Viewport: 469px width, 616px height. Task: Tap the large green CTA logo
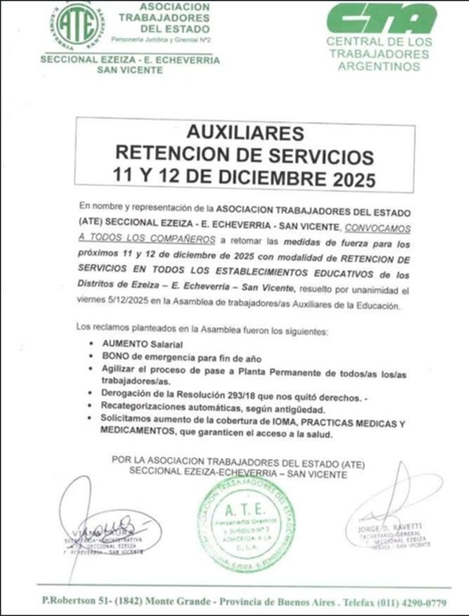point(381,18)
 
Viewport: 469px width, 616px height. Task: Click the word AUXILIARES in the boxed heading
point(245,133)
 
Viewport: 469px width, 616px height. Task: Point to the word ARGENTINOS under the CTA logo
point(379,66)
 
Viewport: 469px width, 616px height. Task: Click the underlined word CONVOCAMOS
point(378,228)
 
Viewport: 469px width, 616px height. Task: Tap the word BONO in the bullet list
point(113,357)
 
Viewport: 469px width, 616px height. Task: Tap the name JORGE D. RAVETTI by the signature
point(390,528)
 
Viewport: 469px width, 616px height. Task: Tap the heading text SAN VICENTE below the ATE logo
point(130,70)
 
